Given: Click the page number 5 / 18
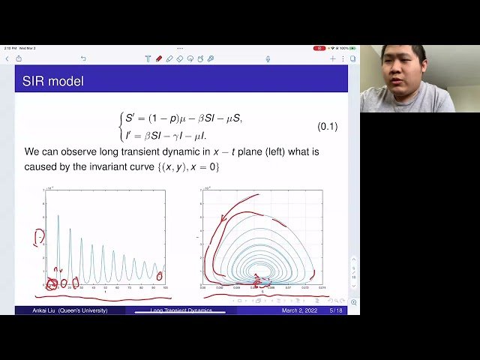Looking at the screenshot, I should (x=332, y=310).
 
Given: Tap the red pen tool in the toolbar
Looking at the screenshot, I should (x=159, y=58).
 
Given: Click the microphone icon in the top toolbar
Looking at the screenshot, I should (x=268, y=58).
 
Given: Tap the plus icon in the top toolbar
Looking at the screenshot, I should (x=333, y=58).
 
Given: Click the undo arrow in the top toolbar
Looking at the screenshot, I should (x=83, y=58).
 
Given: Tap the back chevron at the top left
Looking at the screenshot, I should (x=7, y=58).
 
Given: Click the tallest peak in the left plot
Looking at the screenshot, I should (x=58, y=217).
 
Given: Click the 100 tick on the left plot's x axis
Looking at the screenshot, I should (x=164, y=287).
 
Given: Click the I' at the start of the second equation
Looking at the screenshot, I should (x=129, y=134).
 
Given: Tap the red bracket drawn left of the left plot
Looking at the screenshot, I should (x=37, y=238).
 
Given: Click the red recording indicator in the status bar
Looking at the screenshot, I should (x=319, y=48).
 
